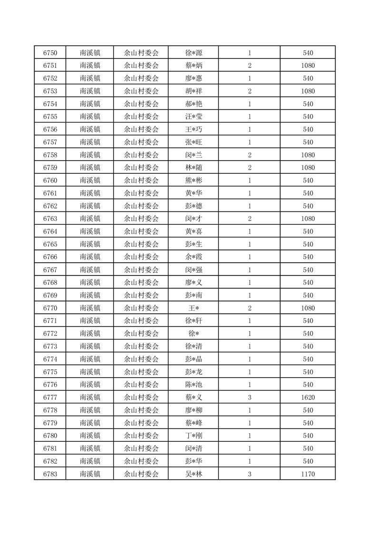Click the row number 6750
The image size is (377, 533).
coord(50,53)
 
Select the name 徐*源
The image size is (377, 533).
coord(193,53)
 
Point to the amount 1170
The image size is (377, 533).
coord(308,474)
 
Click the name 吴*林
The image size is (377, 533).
coord(193,474)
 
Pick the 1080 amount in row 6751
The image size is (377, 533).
coord(308,66)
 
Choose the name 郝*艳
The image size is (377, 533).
coord(193,104)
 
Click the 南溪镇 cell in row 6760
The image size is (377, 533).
coord(90,181)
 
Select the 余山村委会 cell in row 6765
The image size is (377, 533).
coord(141,244)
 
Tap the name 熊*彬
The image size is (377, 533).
coord(193,181)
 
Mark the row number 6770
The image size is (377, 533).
coord(50,308)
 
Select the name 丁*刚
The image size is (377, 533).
coord(193,436)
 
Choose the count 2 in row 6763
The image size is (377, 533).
coord(250,219)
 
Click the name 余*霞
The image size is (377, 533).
coord(193,257)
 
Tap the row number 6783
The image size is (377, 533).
coord(50,474)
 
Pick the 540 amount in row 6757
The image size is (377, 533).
coord(308,142)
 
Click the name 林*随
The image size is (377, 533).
coord(193,168)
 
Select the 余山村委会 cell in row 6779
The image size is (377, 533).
coord(141,423)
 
